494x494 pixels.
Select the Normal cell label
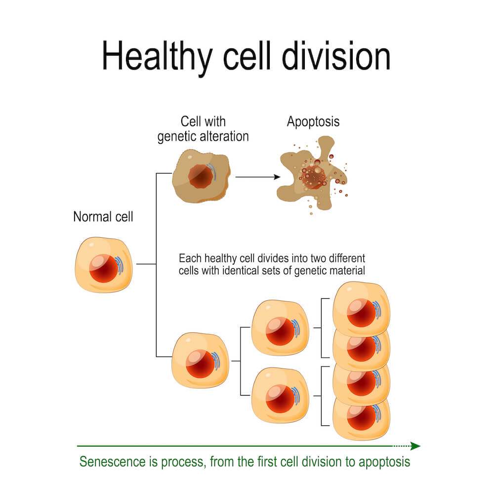[103, 217]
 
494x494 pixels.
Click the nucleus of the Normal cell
[104, 268]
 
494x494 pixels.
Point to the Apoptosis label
[313, 122]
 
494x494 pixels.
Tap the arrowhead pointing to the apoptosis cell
[277, 177]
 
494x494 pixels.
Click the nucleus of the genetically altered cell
[201, 177]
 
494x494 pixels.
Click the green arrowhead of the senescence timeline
[415, 446]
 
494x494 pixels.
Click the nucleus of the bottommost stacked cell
[362, 417]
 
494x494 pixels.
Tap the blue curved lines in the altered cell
[212, 172]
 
